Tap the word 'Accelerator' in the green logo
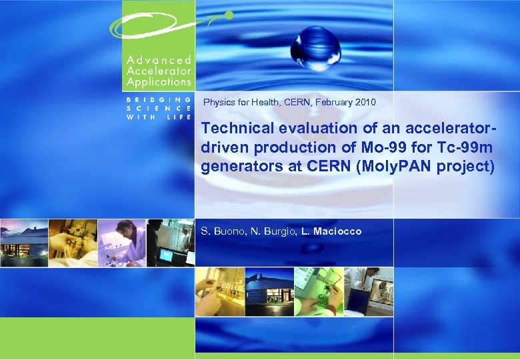click(x=158, y=71)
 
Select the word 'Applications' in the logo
click(x=158, y=82)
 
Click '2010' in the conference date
click(x=365, y=103)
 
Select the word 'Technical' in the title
click(x=235, y=127)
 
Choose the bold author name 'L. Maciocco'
click(x=331, y=231)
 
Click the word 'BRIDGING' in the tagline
click(x=159, y=99)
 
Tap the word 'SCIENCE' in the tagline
click(x=159, y=107)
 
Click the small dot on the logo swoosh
click(x=228, y=14)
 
